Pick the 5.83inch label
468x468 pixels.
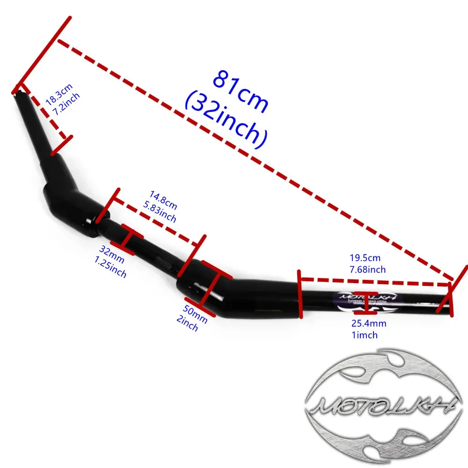pos(160,213)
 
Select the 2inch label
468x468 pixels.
pos(187,323)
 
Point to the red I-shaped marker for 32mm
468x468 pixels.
pos(127,240)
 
